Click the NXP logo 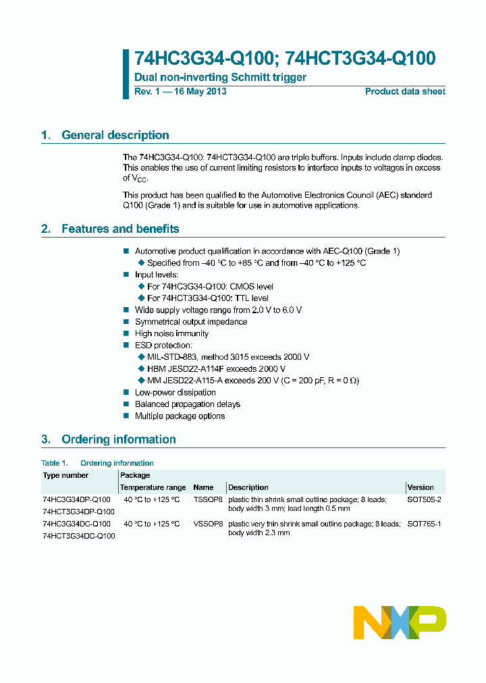click(400, 622)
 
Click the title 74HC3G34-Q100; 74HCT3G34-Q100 click(285, 59)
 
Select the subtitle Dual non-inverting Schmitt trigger click(220, 77)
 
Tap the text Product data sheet click(405, 92)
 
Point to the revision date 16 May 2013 click(199, 92)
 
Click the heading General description click(115, 135)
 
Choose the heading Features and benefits click(120, 229)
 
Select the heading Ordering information click(118, 439)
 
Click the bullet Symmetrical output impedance click(191, 322)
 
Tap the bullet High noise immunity click(171, 333)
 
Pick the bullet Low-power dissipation click(175, 392)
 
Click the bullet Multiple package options click(180, 416)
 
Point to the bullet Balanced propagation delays click(187, 404)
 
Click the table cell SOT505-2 click(424, 499)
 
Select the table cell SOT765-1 click(424, 524)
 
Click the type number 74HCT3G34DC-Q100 click(78, 536)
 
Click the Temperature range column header click(153, 487)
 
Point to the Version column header click(421, 487)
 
